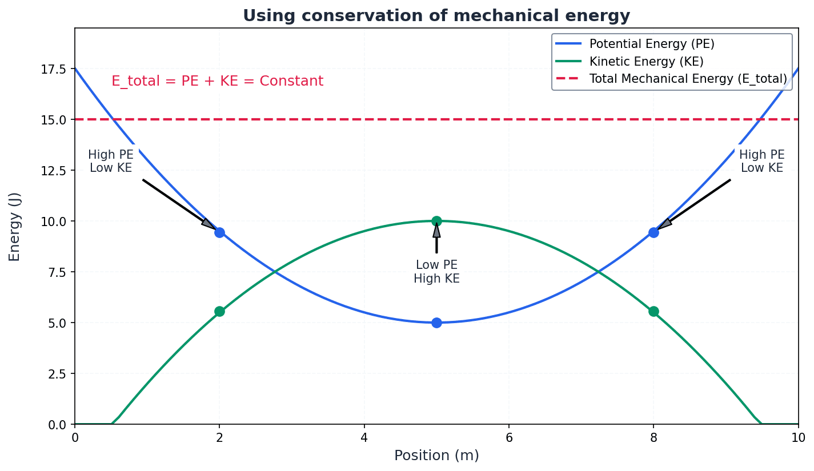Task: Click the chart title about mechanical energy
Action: (436, 15)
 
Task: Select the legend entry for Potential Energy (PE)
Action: (652, 44)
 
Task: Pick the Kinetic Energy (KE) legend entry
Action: (646, 62)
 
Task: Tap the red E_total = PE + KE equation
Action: (217, 81)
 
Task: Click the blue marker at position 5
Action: (436, 323)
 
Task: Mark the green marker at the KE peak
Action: (436, 221)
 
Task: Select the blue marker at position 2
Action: (219, 232)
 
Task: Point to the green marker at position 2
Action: (219, 311)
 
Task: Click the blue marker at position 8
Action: (653, 232)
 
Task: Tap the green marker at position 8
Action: (653, 311)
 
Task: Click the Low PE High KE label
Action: (436, 272)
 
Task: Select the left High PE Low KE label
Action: (111, 162)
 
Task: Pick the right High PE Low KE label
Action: (761, 162)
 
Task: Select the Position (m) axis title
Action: (436, 456)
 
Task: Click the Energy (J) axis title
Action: (15, 227)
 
